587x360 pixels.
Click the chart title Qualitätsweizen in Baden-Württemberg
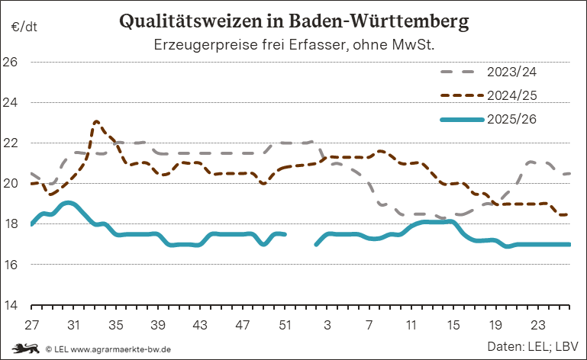294,21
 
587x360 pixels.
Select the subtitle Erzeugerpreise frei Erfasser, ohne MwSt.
294,45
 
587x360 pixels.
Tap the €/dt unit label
24,27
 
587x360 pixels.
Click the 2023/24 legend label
511,72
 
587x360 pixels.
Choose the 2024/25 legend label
511,95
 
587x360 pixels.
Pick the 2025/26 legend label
511,120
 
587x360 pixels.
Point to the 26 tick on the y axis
10,62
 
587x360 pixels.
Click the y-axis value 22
10,143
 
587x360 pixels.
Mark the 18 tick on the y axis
10,223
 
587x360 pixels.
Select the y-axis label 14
11,305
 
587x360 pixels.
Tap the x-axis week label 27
31,325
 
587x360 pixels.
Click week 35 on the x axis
116,325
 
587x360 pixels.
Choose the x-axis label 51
285,325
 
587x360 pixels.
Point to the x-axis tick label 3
327,325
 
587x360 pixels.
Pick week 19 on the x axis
495,325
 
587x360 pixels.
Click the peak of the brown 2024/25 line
96,121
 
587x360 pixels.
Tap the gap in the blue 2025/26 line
301,239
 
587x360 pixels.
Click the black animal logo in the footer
26,349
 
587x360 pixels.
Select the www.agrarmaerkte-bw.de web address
121,349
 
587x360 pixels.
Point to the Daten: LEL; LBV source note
533,346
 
